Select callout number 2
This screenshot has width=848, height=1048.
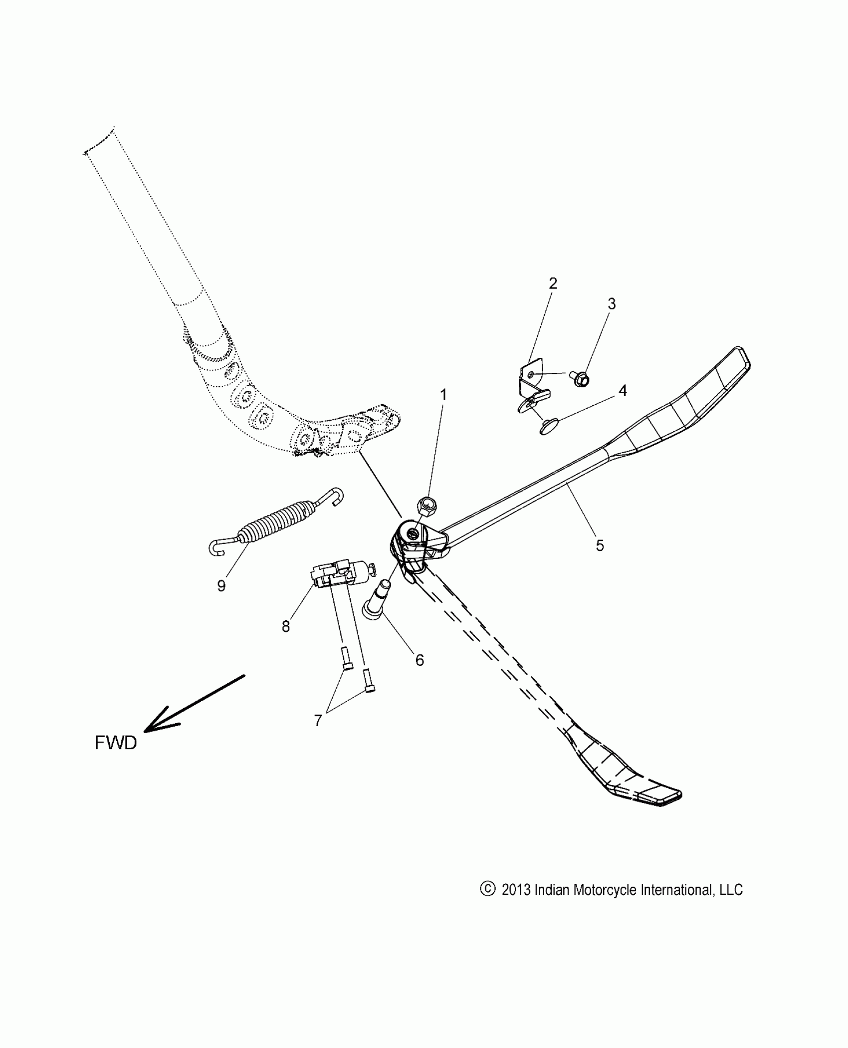[x=553, y=283]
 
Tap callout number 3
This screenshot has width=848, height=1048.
[x=612, y=303]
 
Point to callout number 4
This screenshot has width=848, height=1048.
[x=623, y=391]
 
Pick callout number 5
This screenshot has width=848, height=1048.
[x=600, y=545]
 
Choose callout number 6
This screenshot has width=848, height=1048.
[x=420, y=660]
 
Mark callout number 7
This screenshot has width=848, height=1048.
[x=318, y=720]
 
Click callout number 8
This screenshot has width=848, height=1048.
[x=286, y=626]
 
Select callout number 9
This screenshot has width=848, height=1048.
[x=221, y=585]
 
